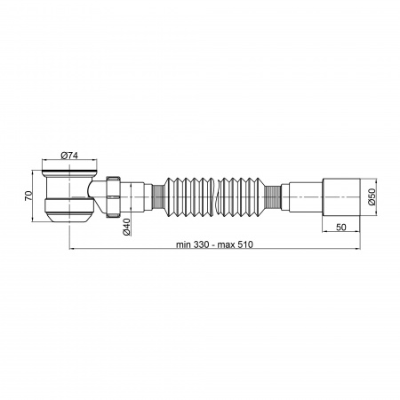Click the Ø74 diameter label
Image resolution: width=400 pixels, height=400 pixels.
[69, 156]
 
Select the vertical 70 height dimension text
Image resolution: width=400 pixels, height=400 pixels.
[28, 196]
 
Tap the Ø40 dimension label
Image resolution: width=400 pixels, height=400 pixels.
[126, 227]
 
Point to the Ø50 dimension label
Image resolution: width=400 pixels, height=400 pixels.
[372, 196]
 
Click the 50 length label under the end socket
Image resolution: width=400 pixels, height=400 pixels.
[341, 228]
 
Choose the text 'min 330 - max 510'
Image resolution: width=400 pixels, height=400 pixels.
[214, 244]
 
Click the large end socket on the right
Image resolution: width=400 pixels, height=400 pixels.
[341, 196]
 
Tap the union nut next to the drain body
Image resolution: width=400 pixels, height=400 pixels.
[113, 197]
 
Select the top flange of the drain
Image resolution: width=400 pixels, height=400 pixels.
[69, 172]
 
